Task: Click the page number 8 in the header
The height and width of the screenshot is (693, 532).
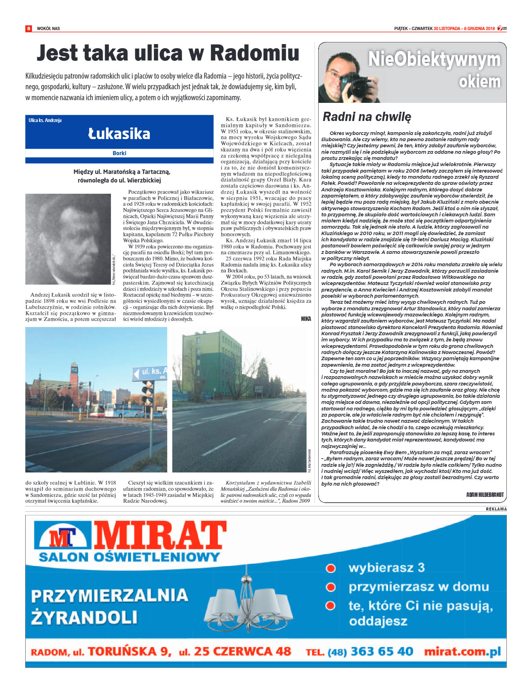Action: click(x=29, y=28)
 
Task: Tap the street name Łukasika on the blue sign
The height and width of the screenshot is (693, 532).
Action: click(x=119, y=134)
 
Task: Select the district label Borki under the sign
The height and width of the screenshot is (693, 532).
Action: click(x=119, y=153)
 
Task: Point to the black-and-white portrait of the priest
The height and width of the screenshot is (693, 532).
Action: click(x=68, y=239)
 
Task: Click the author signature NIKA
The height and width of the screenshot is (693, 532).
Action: click(x=306, y=318)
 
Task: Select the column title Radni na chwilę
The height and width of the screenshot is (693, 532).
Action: click(x=367, y=117)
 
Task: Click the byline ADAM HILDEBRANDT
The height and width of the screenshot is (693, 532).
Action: click(x=485, y=494)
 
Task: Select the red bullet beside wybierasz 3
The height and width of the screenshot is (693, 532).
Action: click(x=331, y=568)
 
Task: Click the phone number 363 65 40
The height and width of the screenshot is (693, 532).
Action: click(x=382, y=651)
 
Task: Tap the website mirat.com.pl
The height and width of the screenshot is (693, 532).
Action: click(x=462, y=651)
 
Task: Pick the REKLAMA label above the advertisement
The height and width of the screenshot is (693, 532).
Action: click(x=496, y=509)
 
